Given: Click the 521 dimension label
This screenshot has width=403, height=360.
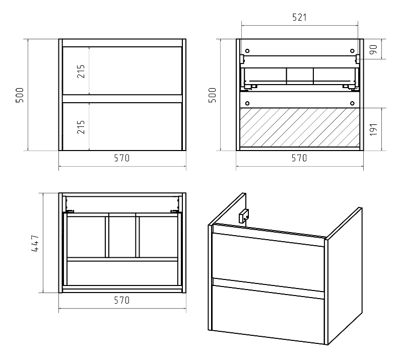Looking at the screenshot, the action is [299, 17].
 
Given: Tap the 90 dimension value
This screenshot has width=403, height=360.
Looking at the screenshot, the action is [374, 49].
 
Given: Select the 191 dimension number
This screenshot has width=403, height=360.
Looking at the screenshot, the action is [374, 129].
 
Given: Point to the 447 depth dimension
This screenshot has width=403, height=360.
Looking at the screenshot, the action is [35, 243].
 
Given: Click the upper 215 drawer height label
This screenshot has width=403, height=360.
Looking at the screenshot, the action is [81, 71].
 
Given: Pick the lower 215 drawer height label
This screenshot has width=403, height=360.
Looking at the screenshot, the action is [81, 127].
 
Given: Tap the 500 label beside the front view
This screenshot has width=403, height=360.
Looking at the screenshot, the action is [20, 95].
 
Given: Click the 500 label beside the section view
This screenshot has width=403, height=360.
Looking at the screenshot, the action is [212, 95].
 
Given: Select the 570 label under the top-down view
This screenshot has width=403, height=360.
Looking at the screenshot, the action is [122, 300].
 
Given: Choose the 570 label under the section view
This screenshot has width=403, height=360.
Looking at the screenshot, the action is [299, 158].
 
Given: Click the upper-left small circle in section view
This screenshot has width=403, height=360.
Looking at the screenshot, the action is [247, 51].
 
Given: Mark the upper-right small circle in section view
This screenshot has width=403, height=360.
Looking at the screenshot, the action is [352, 51].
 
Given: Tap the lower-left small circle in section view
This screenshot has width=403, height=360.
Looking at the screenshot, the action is [247, 103].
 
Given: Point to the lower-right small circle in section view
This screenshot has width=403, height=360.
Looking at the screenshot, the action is [352, 103].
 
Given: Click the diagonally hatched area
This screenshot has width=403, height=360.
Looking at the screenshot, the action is [300, 127].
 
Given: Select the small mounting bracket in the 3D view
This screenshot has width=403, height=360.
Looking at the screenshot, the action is [244, 216].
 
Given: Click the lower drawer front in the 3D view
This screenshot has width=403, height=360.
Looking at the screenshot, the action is [268, 315].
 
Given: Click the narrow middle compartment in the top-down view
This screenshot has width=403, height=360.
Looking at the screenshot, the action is [122, 237].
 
